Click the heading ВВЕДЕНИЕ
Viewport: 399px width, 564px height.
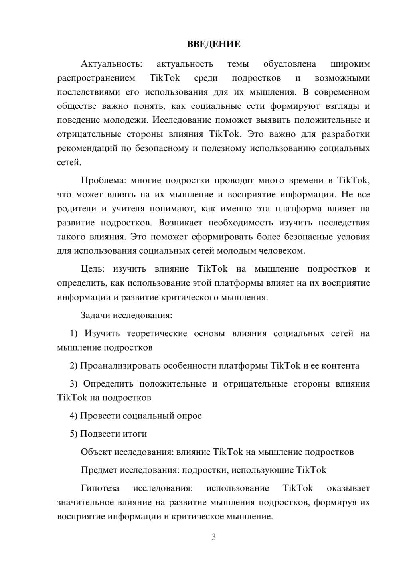pos(213,44)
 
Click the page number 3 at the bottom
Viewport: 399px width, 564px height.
pos(213,537)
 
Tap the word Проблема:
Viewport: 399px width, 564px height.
pos(103,180)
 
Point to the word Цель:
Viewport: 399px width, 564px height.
pos(93,269)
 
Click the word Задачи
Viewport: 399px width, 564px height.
pos(95,315)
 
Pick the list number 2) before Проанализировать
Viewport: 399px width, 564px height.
pos(74,365)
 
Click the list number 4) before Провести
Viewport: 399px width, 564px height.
pos(74,416)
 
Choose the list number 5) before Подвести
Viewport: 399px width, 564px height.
pos(74,434)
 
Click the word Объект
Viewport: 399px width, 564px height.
pos(96,452)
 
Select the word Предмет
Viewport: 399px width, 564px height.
pos(99,470)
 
